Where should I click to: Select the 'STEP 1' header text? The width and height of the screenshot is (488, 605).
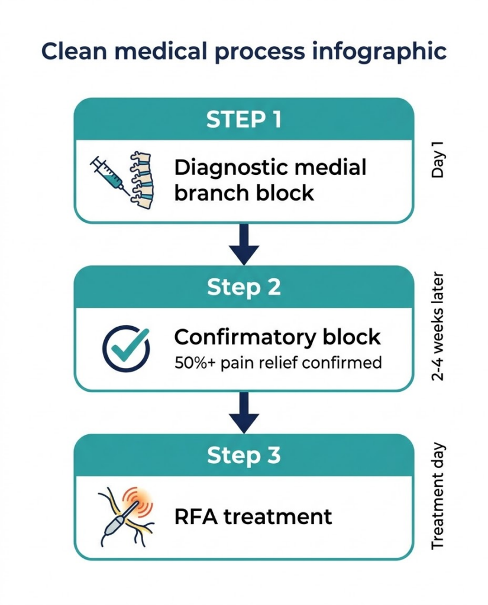pyautogui.click(x=244, y=120)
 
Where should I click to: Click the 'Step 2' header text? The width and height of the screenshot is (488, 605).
pyautogui.click(x=244, y=288)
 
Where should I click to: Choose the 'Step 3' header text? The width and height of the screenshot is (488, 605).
pyautogui.click(x=244, y=456)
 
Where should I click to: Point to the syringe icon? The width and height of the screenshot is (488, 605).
pyautogui.click(x=110, y=174)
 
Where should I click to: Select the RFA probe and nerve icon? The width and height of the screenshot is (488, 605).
pyautogui.click(x=126, y=515)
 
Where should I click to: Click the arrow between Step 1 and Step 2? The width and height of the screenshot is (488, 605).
pyautogui.click(x=244, y=244)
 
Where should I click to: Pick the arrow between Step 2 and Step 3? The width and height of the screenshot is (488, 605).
pyautogui.click(x=244, y=412)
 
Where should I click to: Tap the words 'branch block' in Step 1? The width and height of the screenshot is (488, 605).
pyautogui.click(x=244, y=193)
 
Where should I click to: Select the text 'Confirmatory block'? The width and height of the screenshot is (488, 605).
pyautogui.click(x=277, y=337)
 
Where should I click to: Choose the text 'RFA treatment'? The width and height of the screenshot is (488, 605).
pyautogui.click(x=253, y=516)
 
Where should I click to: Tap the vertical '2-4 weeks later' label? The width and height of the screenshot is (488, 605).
pyautogui.click(x=438, y=327)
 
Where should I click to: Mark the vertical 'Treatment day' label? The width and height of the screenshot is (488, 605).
pyautogui.click(x=438, y=496)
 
